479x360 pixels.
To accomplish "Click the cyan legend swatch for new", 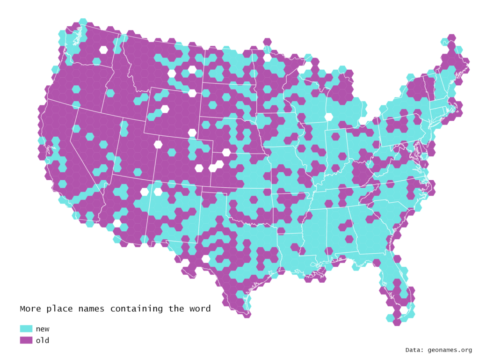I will (x=26, y=329).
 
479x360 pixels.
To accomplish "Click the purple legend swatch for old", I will (x=26, y=340).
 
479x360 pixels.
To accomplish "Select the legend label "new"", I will (x=43, y=329).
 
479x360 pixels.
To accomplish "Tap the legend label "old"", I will (x=43, y=340).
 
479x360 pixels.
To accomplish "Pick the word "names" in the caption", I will (x=93, y=309).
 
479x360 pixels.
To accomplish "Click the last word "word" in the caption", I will (x=201, y=309).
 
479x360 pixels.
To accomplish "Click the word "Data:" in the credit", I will (x=415, y=350).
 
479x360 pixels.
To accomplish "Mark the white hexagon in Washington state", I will (x=103, y=49).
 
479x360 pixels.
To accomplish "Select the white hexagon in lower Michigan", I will (x=328, y=117).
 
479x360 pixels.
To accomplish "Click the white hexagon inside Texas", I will (x=205, y=258).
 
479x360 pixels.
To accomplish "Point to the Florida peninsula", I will (x=393, y=281).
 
